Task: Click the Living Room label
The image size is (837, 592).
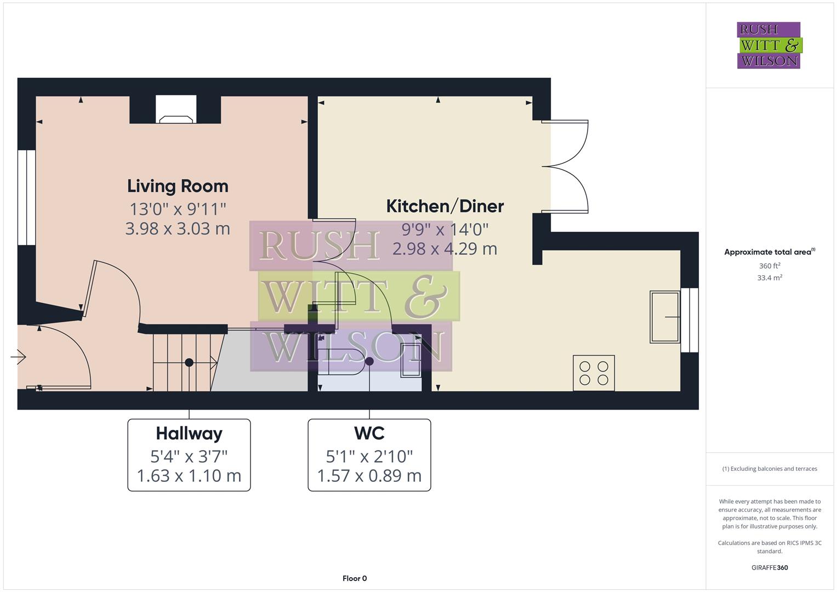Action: pos(178,186)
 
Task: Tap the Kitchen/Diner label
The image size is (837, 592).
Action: pos(445,206)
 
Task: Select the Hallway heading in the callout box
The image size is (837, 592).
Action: pos(189,434)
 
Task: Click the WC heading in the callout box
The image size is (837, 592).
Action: pos(369,434)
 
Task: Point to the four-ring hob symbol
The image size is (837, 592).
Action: pos(594,373)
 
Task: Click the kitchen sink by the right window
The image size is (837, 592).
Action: pos(664,317)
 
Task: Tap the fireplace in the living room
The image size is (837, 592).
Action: pos(175,110)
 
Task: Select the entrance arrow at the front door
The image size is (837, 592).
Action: pos(18,357)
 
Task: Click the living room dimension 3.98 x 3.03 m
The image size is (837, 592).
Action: pos(178,229)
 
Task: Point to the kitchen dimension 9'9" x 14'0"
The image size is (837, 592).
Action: pos(445,229)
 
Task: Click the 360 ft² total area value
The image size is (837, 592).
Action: pos(769,266)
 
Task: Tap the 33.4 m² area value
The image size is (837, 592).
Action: pos(769,278)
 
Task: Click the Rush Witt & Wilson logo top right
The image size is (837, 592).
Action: pos(768,45)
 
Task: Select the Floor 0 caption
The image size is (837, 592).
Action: pos(354,578)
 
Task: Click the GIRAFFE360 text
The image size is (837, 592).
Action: pos(769,567)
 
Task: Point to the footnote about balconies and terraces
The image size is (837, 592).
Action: pos(769,469)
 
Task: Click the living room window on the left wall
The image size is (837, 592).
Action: pos(26,197)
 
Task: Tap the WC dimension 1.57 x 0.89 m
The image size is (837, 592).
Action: pos(369,476)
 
